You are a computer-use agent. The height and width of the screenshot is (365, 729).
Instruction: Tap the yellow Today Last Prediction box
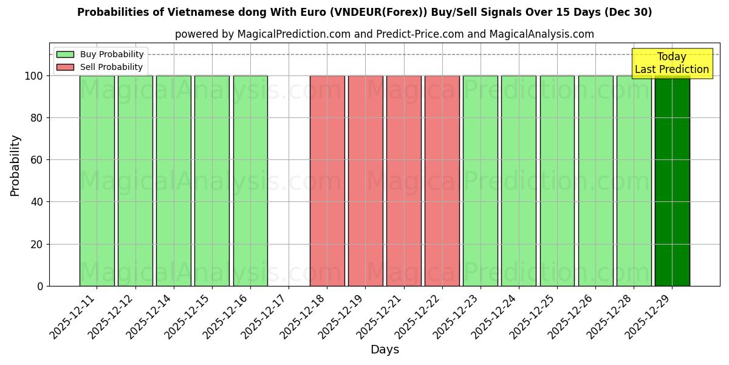point(671,63)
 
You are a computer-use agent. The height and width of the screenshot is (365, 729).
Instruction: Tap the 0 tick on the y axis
point(39,286)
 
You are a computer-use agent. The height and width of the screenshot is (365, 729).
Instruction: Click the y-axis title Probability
point(15,165)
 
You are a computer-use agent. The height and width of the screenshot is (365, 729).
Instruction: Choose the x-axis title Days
point(385,350)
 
